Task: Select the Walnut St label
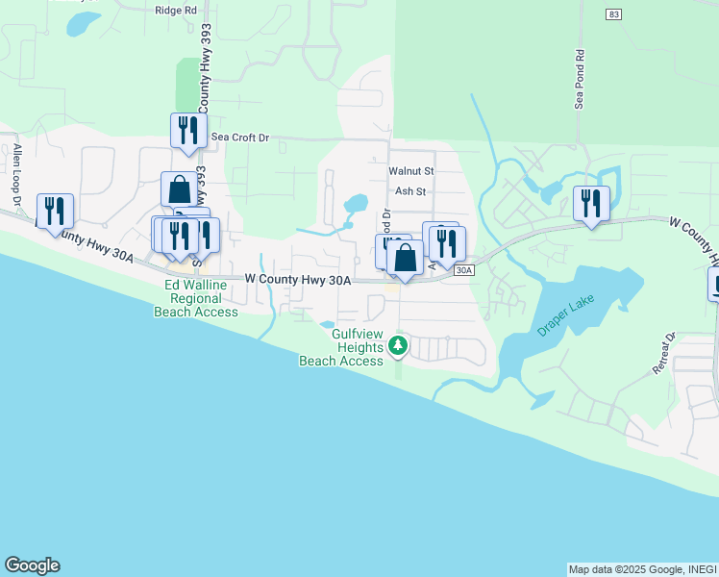click(x=411, y=170)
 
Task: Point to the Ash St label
click(x=410, y=191)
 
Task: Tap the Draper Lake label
click(x=567, y=315)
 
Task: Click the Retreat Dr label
click(x=665, y=354)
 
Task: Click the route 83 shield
click(x=612, y=13)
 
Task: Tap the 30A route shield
click(x=463, y=271)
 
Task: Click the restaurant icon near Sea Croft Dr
click(x=188, y=130)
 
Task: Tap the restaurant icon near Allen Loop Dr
click(x=55, y=210)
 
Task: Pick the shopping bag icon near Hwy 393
click(x=180, y=188)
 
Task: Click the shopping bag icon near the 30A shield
click(x=405, y=258)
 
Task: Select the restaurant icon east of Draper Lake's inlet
click(x=591, y=203)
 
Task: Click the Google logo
click(x=32, y=565)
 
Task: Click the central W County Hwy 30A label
click(x=298, y=280)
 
